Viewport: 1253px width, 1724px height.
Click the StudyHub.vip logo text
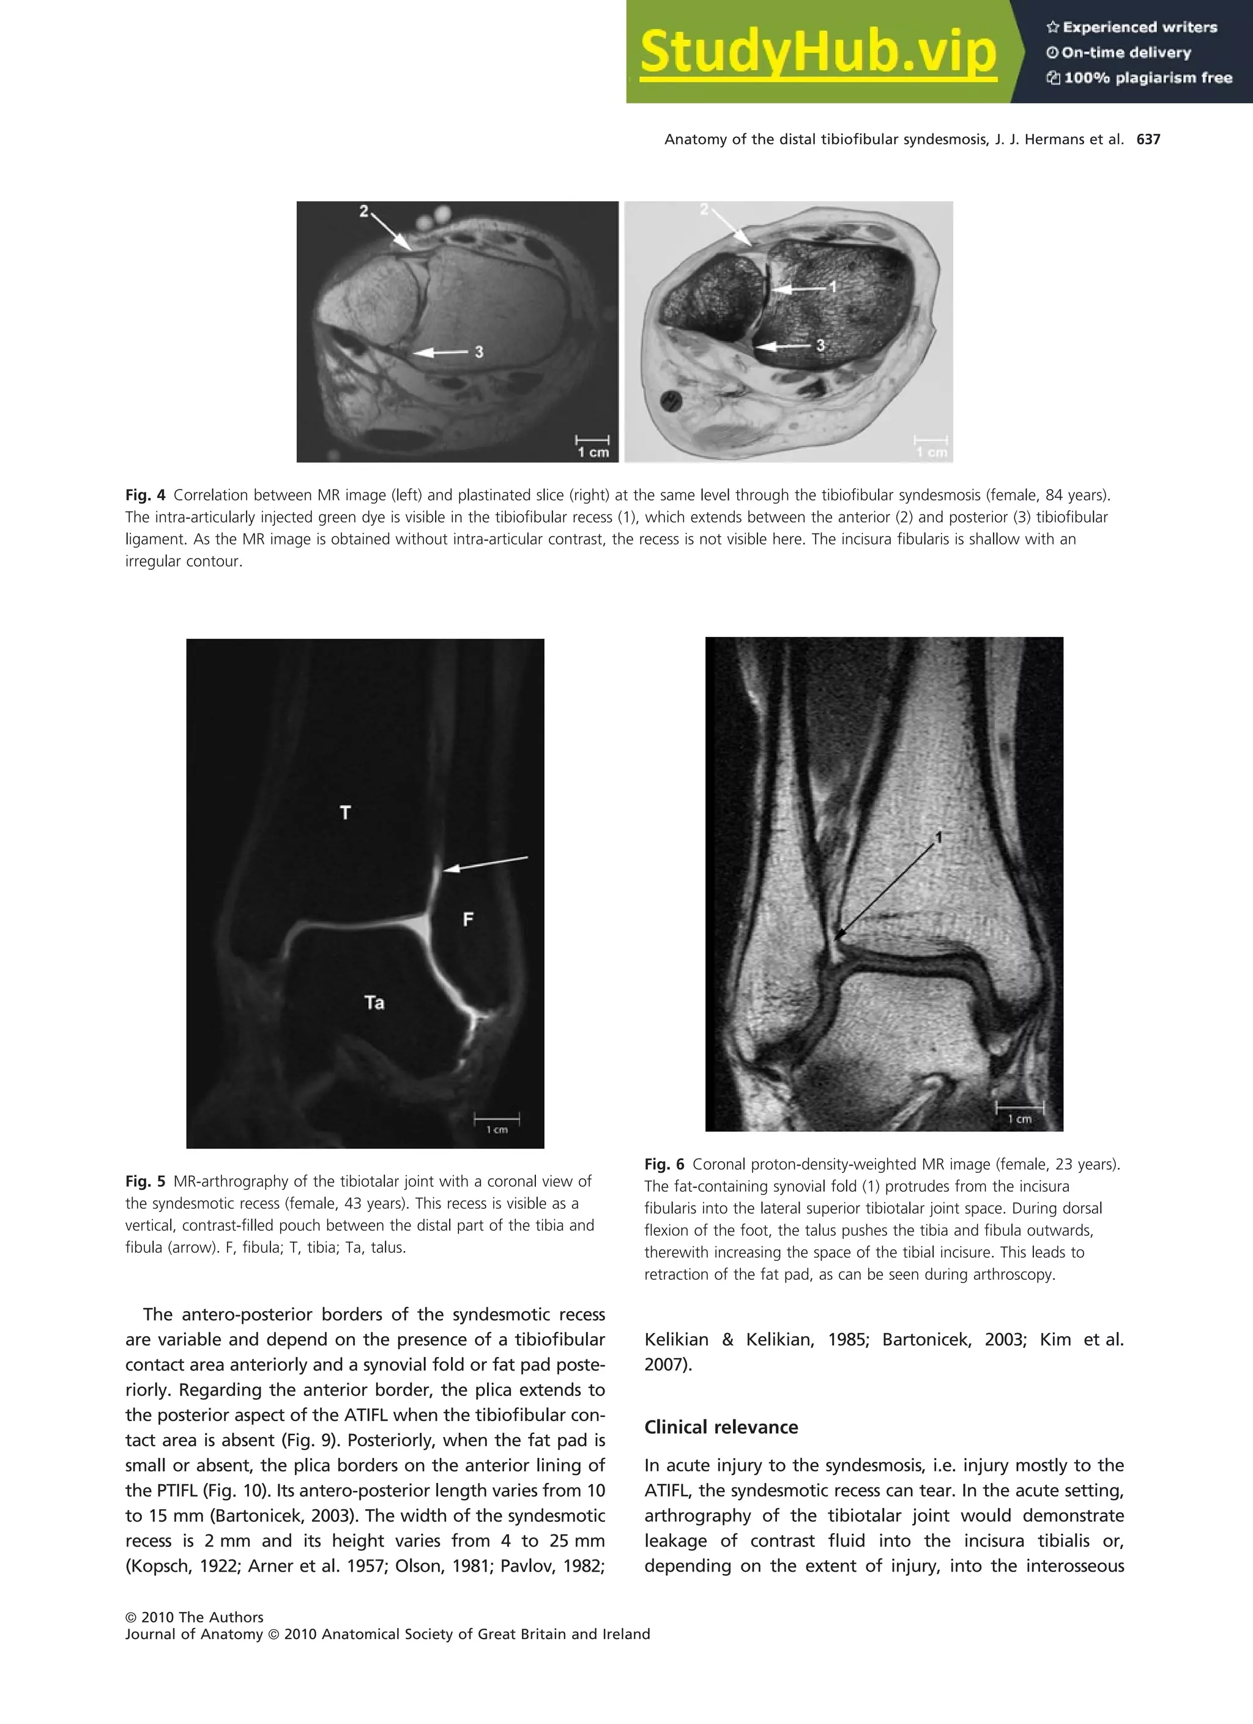pos(817,51)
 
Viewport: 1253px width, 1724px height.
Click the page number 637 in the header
pos(1148,139)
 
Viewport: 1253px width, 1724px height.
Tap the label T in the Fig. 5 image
pos(345,813)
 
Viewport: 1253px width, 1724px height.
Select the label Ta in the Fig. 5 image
pos(374,1003)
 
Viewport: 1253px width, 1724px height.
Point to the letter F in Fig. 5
pos(469,920)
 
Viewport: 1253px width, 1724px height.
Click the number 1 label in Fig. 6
pos(939,837)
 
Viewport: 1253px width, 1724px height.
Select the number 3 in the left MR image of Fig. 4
pos(479,351)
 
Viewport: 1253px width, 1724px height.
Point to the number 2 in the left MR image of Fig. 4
pos(364,211)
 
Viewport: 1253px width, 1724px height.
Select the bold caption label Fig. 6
pos(664,1164)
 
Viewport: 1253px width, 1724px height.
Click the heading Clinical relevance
pos(721,1427)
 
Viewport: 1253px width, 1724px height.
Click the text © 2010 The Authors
pos(195,1617)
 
